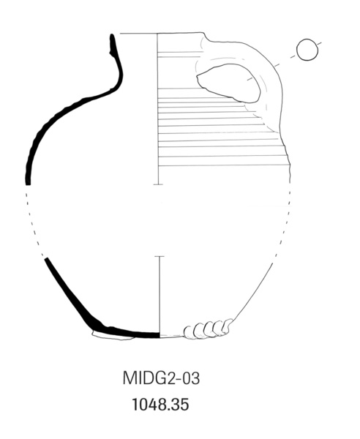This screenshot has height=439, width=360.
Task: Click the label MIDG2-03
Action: tap(161, 378)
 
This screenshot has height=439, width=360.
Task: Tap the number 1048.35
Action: tap(160, 405)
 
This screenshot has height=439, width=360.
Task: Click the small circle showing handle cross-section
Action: tap(307, 50)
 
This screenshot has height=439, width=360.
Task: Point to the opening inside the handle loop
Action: tap(228, 83)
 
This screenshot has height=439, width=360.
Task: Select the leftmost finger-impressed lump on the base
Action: tap(190, 332)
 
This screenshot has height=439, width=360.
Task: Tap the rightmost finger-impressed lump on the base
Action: tap(228, 326)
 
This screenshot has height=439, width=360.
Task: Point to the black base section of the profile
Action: tap(126, 332)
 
